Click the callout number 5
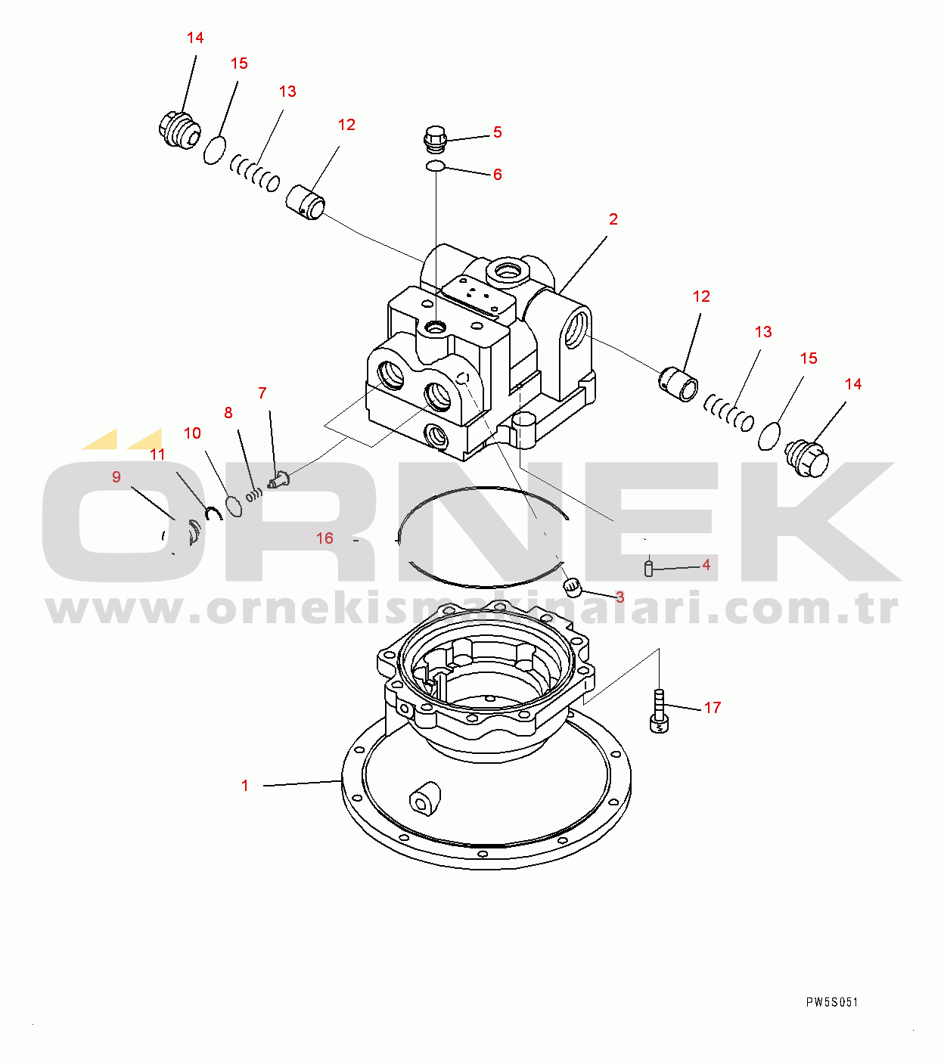coord(497,132)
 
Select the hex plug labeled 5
coord(435,139)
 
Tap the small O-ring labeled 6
coord(435,166)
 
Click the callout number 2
coord(613,219)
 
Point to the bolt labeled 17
coord(658,711)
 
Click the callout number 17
coord(713,708)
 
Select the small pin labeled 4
coord(648,567)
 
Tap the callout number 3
coord(619,597)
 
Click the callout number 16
coord(324,538)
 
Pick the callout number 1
coord(244,786)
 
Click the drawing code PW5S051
coord(832,1003)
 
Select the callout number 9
coord(116,477)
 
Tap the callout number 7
coord(262,393)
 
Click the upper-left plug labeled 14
coord(178,130)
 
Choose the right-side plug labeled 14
coord(807,458)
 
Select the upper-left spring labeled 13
coord(255,173)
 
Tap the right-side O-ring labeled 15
coord(769,436)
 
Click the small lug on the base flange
coord(424,799)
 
